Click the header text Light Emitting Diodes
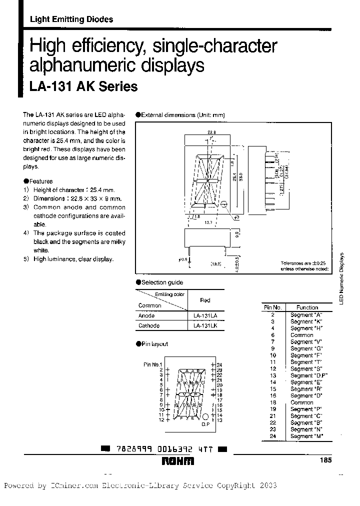coord(71,19)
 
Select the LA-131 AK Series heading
coord(83,86)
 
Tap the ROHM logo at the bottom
coord(177,461)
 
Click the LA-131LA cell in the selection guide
coord(205,316)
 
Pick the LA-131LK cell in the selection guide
coord(205,325)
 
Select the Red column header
coord(205,300)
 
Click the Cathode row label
coord(148,325)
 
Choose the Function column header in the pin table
coord(307,307)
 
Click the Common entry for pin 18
coord(302,402)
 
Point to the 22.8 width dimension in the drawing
coord(211,132)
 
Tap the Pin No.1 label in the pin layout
coord(153,364)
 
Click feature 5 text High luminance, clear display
coord(73,259)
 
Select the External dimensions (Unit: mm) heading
coord(182,115)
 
